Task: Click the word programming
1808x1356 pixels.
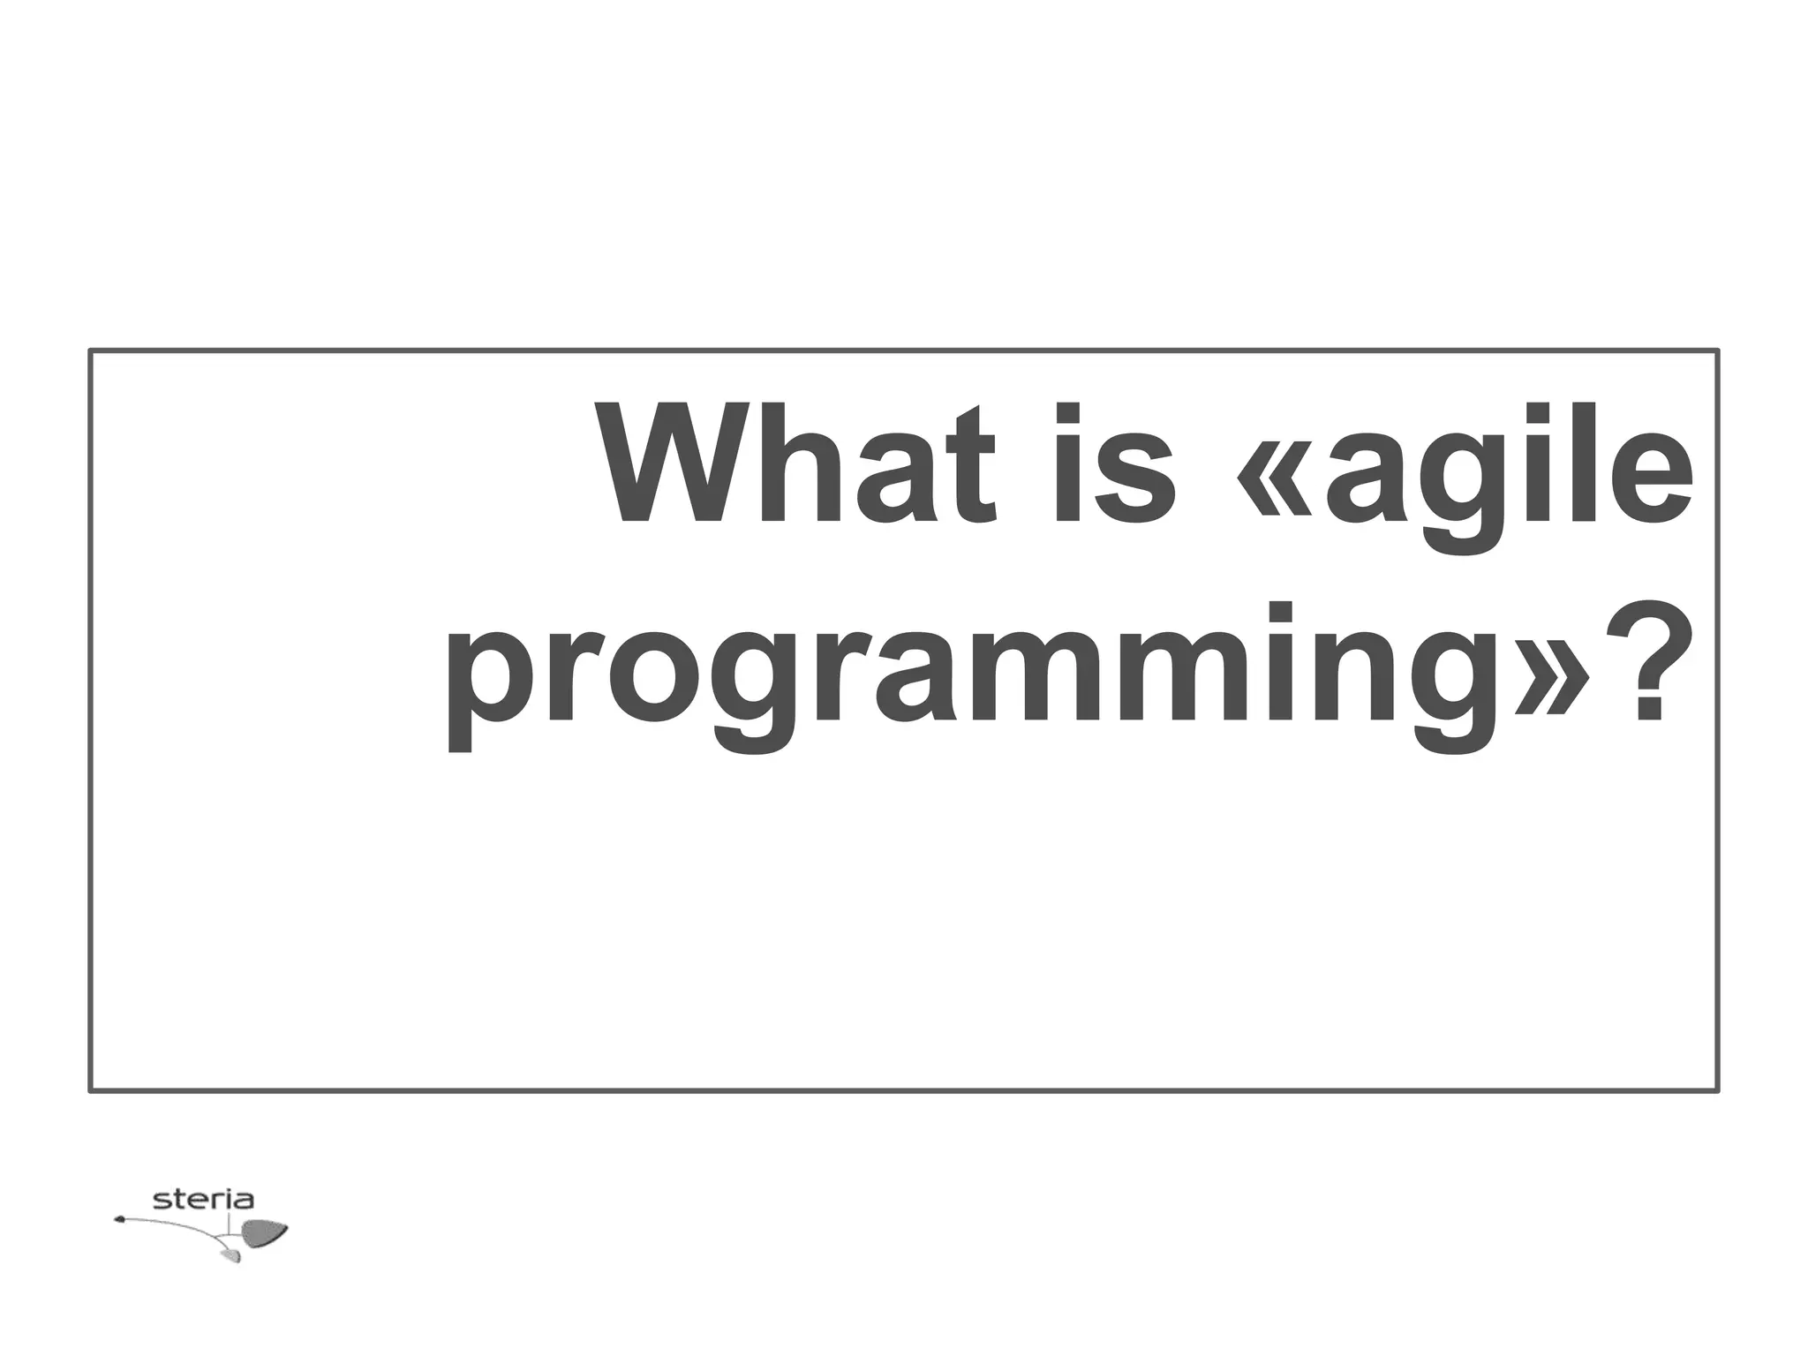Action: pyautogui.click(x=971, y=675)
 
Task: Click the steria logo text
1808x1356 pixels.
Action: pyautogui.click(x=203, y=1200)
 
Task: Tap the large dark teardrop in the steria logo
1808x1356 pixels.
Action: pyautogui.click(x=264, y=1232)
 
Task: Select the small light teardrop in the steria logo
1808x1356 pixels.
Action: pyautogui.click(x=232, y=1254)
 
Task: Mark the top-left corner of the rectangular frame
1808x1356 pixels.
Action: pyautogui.click(x=91, y=351)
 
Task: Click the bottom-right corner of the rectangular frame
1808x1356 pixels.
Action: pyautogui.click(x=1717, y=1090)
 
